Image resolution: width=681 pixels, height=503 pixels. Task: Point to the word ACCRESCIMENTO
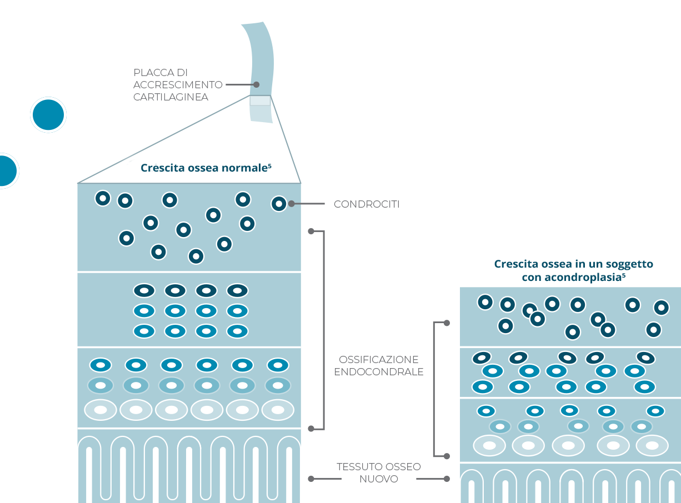[178, 85]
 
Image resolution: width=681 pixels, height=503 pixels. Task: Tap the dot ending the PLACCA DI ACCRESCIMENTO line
[257, 85]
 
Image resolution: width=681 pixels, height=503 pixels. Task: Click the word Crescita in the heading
[159, 168]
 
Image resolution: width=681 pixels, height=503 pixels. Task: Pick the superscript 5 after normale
[270, 165]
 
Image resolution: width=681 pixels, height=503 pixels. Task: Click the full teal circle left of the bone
[48, 115]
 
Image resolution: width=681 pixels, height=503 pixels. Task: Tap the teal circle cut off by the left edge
[6, 170]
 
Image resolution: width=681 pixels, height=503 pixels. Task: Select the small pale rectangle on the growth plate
[260, 100]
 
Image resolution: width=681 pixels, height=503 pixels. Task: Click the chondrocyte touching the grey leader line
[279, 204]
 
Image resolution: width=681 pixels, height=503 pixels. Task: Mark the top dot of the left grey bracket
[311, 231]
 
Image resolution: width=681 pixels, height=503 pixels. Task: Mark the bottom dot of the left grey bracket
[311, 428]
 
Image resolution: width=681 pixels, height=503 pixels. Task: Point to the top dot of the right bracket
[447, 323]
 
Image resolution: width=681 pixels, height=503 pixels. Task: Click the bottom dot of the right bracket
[447, 456]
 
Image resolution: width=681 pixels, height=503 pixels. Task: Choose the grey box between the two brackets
[378, 364]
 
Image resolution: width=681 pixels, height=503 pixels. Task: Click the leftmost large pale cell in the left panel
[101, 410]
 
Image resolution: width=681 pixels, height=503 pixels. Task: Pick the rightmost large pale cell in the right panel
[651, 445]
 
